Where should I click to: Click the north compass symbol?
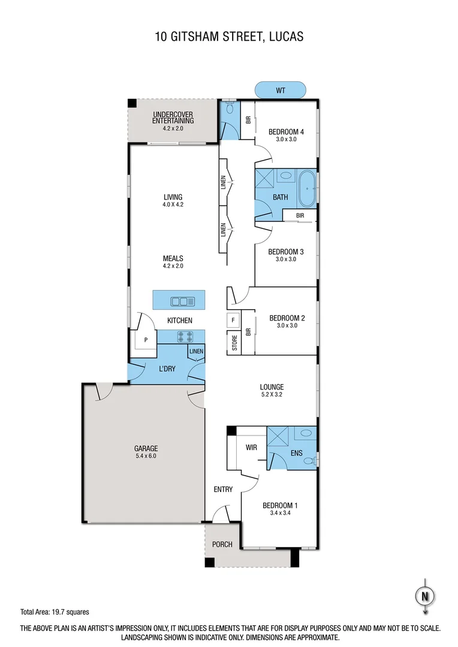pyautogui.click(x=424, y=596)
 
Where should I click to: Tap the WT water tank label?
pyautogui.click(x=281, y=90)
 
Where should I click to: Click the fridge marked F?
pyautogui.click(x=233, y=320)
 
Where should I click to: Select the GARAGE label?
pyautogui.click(x=146, y=448)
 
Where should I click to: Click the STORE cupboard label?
pyautogui.click(x=234, y=343)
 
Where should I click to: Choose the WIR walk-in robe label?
pyautogui.click(x=252, y=447)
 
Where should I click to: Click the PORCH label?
pyautogui.click(x=222, y=545)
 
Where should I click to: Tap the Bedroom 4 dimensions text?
pyautogui.click(x=286, y=140)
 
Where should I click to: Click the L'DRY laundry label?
pyautogui.click(x=167, y=369)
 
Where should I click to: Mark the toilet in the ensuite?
pyautogui.click(x=309, y=460)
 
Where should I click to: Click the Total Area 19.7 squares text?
pyautogui.click(x=55, y=612)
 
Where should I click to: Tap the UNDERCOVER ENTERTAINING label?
pyautogui.click(x=173, y=117)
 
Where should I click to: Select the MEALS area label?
pyautogui.click(x=173, y=258)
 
